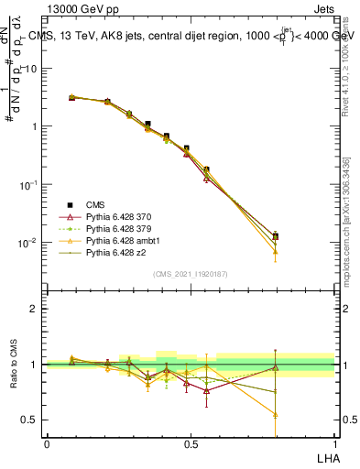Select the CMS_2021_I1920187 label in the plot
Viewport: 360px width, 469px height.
pyautogui.click(x=191, y=274)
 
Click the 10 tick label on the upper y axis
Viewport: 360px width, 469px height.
pyautogui.click(x=33, y=69)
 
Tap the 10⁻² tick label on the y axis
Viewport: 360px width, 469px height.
pyautogui.click(x=30, y=243)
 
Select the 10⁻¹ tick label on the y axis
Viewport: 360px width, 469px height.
pyautogui.click(x=30, y=184)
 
